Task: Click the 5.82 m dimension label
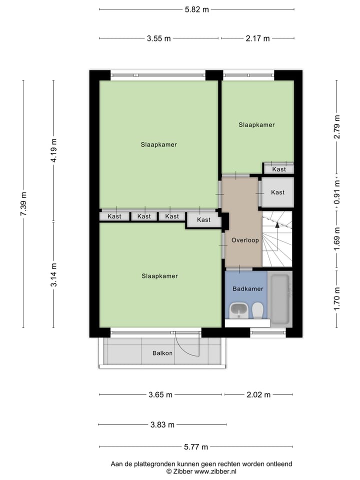pyautogui.click(x=196, y=9)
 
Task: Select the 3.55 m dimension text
pyautogui.click(x=159, y=38)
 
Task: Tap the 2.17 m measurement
pyautogui.click(x=257, y=38)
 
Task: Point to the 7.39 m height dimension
pyautogui.click(x=23, y=203)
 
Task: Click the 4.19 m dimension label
pyautogui.click(x=54, y=150)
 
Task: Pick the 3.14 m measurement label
pyautogui.click(x=54, y=274)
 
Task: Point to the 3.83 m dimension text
pyautogui.click(x=162, y=425)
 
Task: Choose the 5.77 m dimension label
pyautogui.click(x=196, y=447)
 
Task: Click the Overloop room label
pyautogui.click(x=245, y=240)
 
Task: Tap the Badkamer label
pyautogui.click(x=247, y=288)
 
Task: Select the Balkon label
pyautogui.click(x=162, y=353)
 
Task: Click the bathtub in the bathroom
pyautogui.click(x=279, y=298)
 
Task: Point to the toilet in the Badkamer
pyautogui.click(x=257, y=310)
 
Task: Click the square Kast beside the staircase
pyautogui.click(x=277, y=192)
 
